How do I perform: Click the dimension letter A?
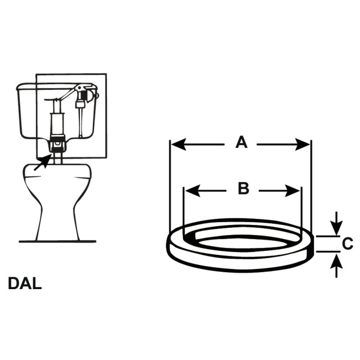[241, 142]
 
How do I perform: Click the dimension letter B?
[244, 188]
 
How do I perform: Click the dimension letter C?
[348, 244]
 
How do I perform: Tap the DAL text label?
[25, 283]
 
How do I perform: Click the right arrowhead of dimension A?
[302, 145]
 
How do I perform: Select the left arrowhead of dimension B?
[192, 191]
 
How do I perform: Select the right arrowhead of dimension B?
[292, 191]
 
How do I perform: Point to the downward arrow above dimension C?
[336, 223]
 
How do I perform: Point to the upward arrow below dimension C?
[336, 265]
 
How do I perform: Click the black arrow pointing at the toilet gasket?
[43, 163]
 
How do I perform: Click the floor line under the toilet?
[57, 241]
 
